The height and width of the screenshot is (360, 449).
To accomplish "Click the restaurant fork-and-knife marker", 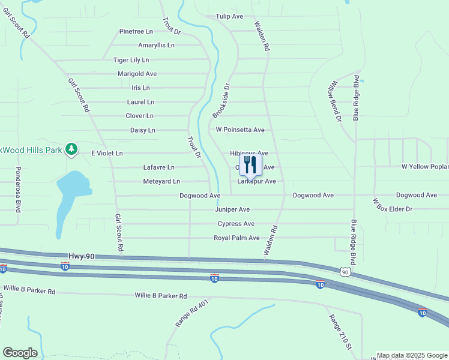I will click(x=250, y=165).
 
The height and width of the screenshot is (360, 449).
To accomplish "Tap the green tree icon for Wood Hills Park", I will click(x=71, y=148).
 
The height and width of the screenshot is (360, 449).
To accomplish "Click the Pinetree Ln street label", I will click(x=136, y=31).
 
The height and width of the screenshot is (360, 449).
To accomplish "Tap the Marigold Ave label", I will click(x=137, y=74).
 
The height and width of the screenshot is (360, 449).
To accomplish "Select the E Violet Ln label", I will click(x=107, y=153).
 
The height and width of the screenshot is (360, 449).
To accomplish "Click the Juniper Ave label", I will click(x=232, y=209).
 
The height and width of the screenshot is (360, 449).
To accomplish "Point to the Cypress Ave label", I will click(x=236, y=224).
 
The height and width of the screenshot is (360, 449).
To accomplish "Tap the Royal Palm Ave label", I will click(x=237, y=238).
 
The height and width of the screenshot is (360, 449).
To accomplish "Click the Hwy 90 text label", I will click(x=82, y=256).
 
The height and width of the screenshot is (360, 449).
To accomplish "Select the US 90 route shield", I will click(x=345, y=272).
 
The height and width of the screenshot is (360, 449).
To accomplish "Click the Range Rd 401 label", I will click(x=191, y=313).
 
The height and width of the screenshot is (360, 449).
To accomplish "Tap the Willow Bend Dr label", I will click(x=334, y=102).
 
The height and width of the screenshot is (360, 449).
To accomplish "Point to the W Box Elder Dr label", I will click(x=392, y=205).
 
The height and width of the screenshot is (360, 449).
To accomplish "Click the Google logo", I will click(x=20, y=353).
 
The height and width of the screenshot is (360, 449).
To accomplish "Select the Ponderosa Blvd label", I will click(x=18, y=190).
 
